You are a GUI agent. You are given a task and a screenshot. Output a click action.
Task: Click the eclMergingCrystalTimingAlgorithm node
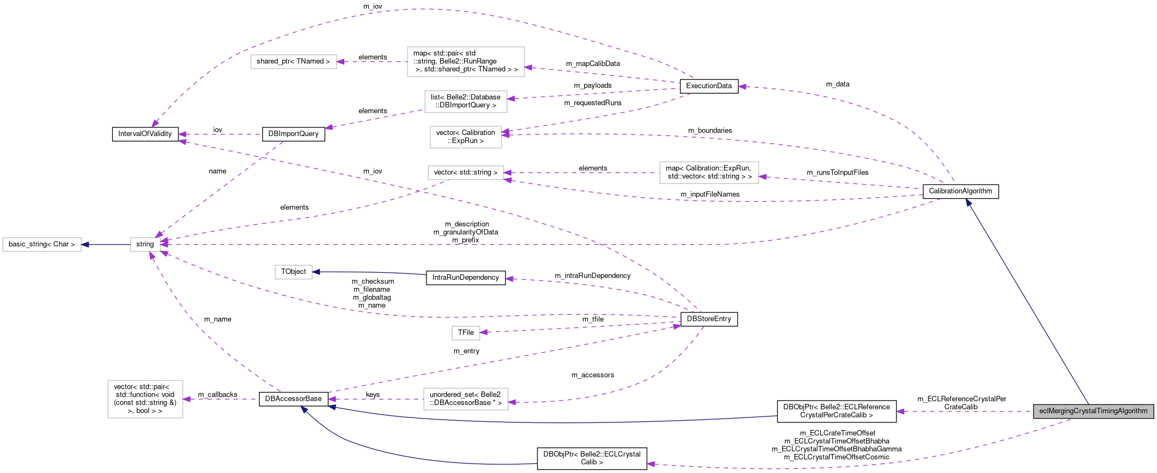pos(1093,411)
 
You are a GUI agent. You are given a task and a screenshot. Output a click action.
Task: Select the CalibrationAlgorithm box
pos(961,191)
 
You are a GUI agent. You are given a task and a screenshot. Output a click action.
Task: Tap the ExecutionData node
pos(709,86)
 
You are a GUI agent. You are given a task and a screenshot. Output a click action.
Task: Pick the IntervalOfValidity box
pos(145,134)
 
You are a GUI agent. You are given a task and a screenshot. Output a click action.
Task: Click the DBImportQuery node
pos(293,134)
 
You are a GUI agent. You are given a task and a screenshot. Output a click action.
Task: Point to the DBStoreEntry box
pos(709,319)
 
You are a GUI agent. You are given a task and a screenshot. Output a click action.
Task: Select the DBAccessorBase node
pos(293,399)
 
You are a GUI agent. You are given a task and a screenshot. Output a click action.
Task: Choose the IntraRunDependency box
pos(466,278)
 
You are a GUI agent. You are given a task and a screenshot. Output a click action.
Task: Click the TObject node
pos(294,272)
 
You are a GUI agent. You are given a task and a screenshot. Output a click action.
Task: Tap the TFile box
pos(466,333)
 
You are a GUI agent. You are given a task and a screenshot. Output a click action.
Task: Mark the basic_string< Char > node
pos(42,244)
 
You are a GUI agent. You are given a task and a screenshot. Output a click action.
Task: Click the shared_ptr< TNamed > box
pos(293,62)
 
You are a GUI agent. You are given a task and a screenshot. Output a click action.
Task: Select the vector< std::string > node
pos(466,173)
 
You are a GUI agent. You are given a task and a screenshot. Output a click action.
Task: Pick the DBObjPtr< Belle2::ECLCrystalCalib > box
pos(592,458)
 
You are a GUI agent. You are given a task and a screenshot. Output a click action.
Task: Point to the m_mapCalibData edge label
pos(593,64)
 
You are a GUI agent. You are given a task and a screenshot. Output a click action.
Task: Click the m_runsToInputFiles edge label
pos(838,173)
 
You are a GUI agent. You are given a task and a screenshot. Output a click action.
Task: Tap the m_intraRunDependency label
pos(593,276)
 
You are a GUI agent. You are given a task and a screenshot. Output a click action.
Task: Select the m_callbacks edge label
pos(218,395)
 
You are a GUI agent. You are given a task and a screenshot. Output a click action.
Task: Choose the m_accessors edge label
pos(593,375)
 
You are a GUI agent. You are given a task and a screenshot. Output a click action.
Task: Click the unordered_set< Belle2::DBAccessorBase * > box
pos(466,399)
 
